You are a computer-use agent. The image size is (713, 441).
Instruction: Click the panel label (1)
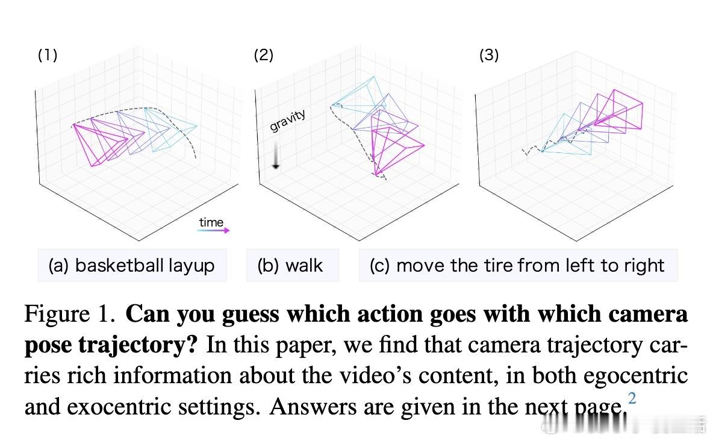(48, 55)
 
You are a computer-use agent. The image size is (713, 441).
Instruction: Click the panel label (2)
(264, 55)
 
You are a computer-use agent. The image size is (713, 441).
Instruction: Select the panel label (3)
(489, 55)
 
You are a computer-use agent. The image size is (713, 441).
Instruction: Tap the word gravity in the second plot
(288, 120)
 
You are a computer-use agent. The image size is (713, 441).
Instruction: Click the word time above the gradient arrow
(211, 222)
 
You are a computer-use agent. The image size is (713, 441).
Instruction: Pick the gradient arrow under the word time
(214, 230)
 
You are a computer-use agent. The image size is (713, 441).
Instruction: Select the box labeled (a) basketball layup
(132, 265)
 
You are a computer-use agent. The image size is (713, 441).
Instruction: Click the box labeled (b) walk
(293, 265)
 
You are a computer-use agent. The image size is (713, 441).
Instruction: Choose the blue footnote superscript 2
(632, 398)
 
